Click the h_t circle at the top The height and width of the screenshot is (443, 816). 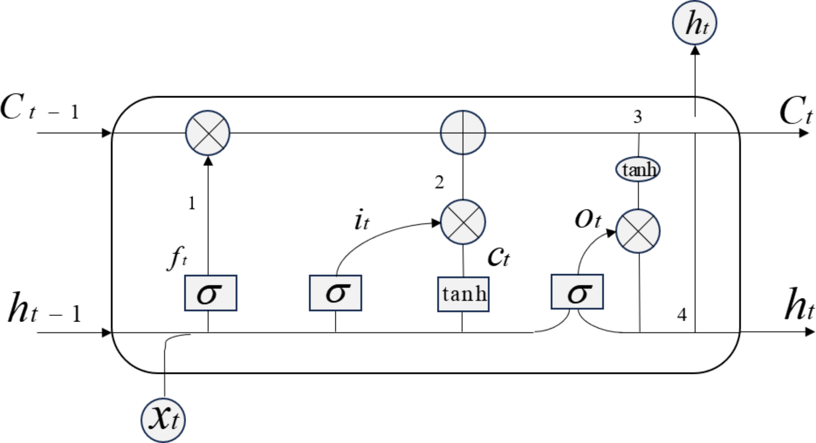tap(694, 23)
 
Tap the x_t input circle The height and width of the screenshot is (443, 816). tap(163, 419)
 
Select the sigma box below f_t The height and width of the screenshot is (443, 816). tap(211, 293)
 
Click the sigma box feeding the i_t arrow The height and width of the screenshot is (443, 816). tap(335, 293)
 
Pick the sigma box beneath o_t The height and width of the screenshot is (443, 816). tap(577, 292)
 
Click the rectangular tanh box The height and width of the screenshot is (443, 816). tap(463, 294)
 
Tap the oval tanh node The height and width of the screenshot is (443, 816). tap(638, 169)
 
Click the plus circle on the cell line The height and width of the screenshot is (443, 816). tap(463, 132)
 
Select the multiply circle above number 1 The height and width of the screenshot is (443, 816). tap(208, 133)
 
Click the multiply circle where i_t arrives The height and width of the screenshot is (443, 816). tap(463, 222)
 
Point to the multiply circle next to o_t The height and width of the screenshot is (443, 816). tap(638, 231)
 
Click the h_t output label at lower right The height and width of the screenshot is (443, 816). tap(799, 305)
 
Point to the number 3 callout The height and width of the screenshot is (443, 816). tap(638, 117)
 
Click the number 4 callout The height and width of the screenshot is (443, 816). tap(681, 315)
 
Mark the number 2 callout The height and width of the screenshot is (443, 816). tap(439, 183)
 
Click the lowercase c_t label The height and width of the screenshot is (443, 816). tap(498, 257)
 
